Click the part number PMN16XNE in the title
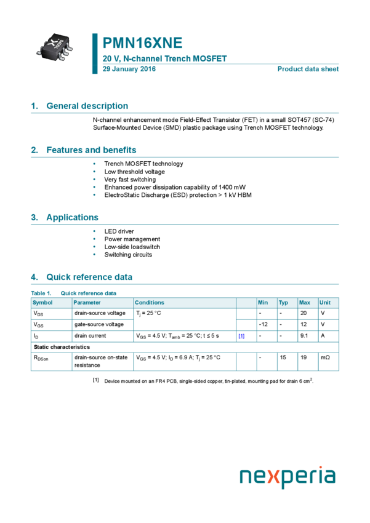click(x=142, y=43)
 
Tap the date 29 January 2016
click(x=129, y=69)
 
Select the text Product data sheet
click(x=308, y=69)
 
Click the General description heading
click(x=87, y=106)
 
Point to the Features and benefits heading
click(x=91, y=150)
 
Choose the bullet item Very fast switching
click(x=130, y=180)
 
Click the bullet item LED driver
click(x=119, y=231)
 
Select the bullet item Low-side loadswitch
click(x=132, y=247)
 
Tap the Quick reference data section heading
click(x=89, y=277)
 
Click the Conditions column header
click(x=150, y=303)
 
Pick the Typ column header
click(x=283, y=303)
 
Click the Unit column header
click(x=325, y=303)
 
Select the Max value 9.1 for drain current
click(x=304, y=336)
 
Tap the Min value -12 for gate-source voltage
click(x=263, y=324)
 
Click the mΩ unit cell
click(x=325, y=357)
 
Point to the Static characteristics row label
click(x=62, y=347)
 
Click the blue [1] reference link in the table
click(x=241, y=336)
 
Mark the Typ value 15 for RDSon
click(x=283, y=357)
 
